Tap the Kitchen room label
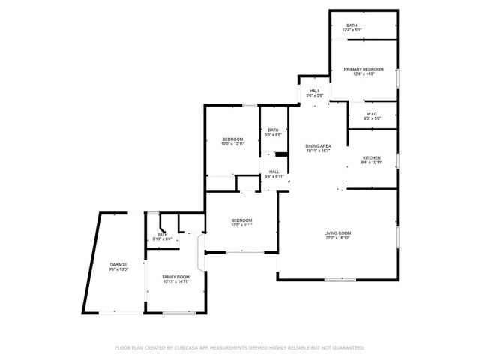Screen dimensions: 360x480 372,157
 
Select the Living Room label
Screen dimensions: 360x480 338,233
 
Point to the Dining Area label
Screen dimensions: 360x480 318,146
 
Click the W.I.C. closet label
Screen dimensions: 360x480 372,114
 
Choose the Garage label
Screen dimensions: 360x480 118,264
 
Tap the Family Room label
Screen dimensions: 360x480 176,277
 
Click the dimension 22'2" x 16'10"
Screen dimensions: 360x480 338,238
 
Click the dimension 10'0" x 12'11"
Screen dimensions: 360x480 232,144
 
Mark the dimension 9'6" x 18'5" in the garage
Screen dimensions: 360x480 118,269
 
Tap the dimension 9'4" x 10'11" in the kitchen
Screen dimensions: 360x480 372,163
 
